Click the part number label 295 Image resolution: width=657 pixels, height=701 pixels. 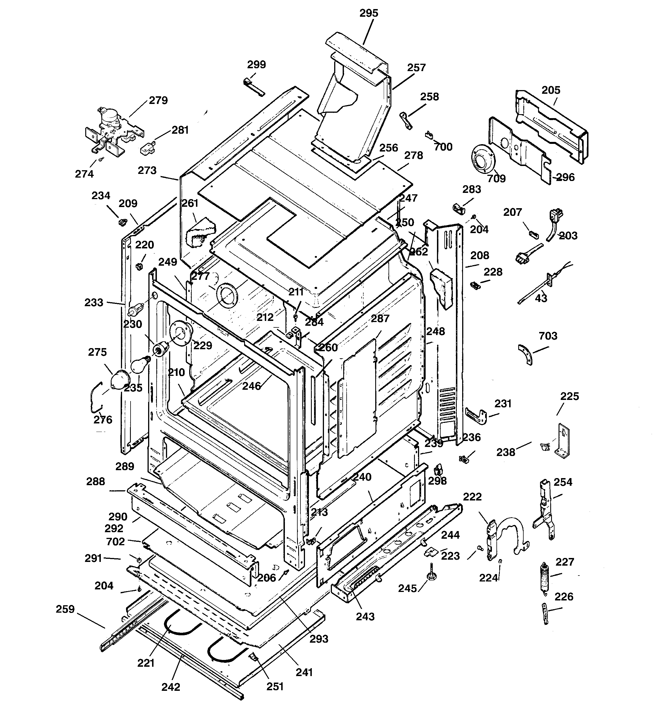click(x=368, y=13)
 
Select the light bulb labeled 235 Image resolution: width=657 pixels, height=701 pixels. click(x=139, y=365)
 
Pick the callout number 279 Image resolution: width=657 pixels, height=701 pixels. click(x=158, y=101)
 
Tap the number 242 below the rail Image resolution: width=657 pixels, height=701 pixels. click(x=171, y=687)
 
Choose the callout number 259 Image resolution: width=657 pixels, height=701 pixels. click(x=65, y=609)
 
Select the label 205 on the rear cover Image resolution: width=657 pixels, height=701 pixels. click(x=551, y=90)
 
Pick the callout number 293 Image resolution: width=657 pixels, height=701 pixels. click(x=319, y=639)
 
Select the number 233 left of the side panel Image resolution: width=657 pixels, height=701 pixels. click(x=94, y=302)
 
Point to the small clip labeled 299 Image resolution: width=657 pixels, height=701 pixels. click(x=253, y=86)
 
